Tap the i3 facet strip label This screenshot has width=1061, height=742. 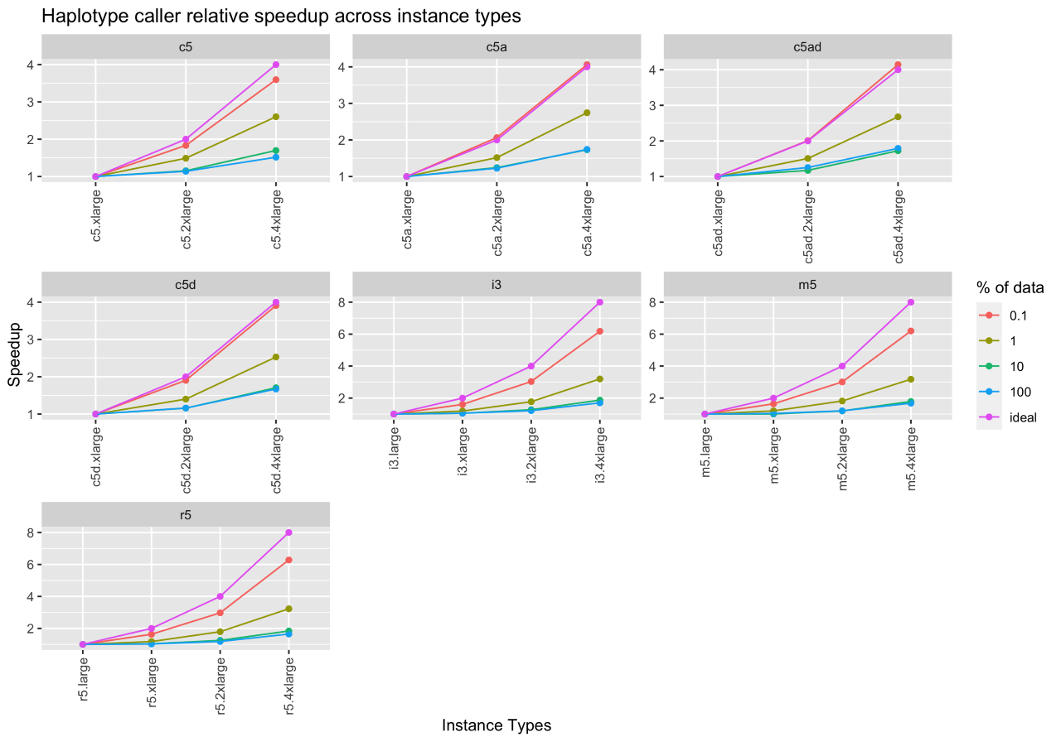point(496,284)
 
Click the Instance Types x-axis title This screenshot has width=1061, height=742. point(497,725)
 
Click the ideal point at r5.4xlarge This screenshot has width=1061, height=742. point(288,532)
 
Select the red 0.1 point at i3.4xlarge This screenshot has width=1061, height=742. point(599,331)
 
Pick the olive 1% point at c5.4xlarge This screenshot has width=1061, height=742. point(275,117)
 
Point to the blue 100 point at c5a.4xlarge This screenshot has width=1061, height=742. point(586,150)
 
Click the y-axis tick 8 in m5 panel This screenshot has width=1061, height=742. point(676,302)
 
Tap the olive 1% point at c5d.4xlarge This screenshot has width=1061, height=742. point(275,357)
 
